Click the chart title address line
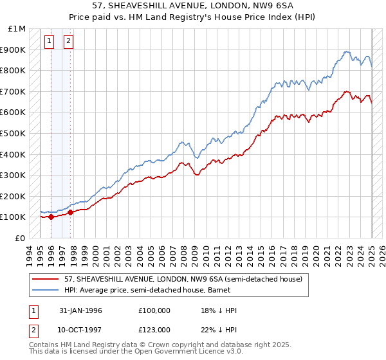click(192, 6)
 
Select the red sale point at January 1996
click(51, 217)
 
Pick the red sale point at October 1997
click(70, 212)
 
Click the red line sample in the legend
click(44, 278)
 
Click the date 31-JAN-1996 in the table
click(80, 310)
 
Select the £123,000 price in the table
click(154, 329)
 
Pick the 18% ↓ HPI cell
click(219, 310)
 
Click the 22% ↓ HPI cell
click(219, 329)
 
